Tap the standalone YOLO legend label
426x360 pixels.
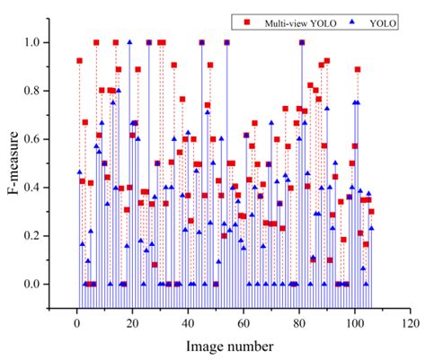tap(382, 19)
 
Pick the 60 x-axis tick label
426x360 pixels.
tap(244, 320)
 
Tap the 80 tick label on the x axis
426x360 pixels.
tap(299, 320)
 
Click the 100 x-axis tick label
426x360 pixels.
tap(355, 320)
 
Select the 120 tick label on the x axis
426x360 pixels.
tap(410, 320)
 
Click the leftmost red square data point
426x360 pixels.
tap(79, 60)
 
